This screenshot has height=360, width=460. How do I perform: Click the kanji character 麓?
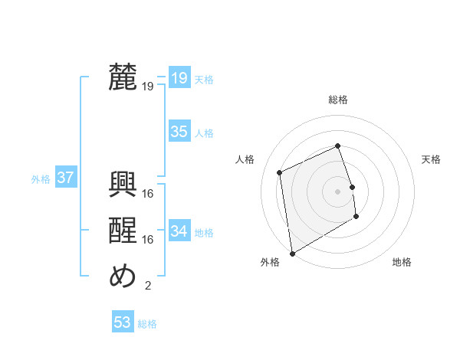coord(123,78)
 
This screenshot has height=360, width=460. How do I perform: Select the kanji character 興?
coord(123,185)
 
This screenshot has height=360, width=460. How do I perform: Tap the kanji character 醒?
coord(123,231)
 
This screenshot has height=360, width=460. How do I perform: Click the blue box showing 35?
coord(179,132)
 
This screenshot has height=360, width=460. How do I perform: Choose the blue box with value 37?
coord(65,178)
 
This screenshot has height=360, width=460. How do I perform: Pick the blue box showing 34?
coord(179,231)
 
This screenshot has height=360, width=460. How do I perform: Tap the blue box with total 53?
coord(123,322)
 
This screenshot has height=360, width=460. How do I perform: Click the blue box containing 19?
coord(179,77)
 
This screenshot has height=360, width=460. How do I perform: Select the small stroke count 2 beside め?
coord(148,286)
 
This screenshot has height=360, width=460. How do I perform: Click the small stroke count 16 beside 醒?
coord(149,240)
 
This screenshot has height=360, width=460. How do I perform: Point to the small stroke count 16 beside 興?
coord(149,194)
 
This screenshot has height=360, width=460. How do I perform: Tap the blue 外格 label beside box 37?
coord(41,179)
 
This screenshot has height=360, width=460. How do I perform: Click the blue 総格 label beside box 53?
coord(147,324)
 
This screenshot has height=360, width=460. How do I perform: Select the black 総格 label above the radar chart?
coord(338,100)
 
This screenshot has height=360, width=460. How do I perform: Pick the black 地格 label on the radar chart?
coord(402,262)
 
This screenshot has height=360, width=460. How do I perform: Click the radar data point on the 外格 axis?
coord(292,254)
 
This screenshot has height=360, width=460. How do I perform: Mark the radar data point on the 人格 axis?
coord(280,172)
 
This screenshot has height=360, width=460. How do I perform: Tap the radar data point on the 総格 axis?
coord(338,146)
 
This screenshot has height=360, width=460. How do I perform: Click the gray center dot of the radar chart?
coord(338,191)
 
